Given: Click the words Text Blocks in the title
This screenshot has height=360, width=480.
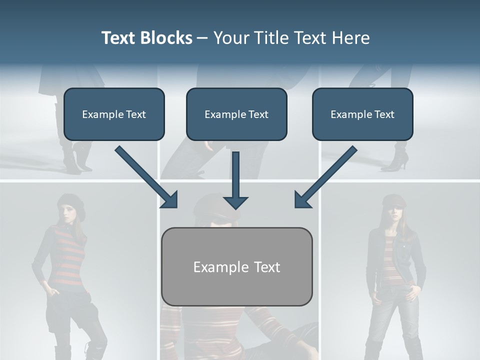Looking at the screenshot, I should tap(146, 38).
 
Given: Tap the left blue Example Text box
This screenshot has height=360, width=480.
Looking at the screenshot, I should tap(114, 114).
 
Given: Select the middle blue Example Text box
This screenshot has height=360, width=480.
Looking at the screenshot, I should tap(236, 114).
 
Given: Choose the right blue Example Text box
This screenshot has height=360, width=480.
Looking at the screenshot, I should tap(362, 114).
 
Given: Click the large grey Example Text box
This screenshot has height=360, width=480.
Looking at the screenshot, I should tap(236, 266).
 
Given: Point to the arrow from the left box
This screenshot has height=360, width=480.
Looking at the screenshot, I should tap(146, 177).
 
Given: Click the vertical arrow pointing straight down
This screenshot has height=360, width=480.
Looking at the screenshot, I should tap(235, 180).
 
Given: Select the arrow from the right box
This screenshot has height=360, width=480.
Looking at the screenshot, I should tap(326, 177).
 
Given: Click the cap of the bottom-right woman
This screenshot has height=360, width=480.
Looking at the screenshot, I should tap(393, 201).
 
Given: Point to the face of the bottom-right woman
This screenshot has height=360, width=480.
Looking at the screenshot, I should tap(392, 213).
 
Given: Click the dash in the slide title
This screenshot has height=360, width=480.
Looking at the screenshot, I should tap(202, 38).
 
